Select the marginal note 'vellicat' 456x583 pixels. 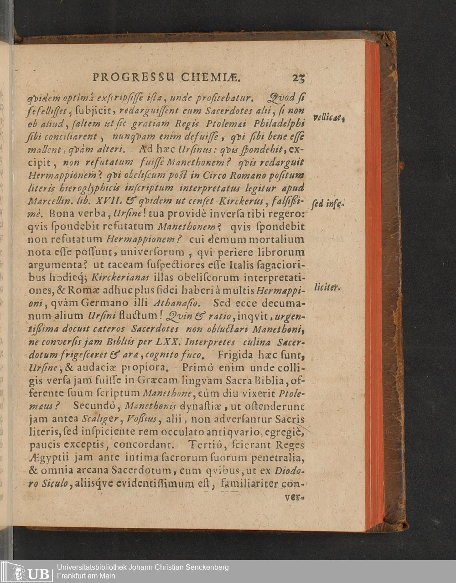[331, 118]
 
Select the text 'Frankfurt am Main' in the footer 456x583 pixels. [86, 576]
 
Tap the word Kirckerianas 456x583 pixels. [115, 277]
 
